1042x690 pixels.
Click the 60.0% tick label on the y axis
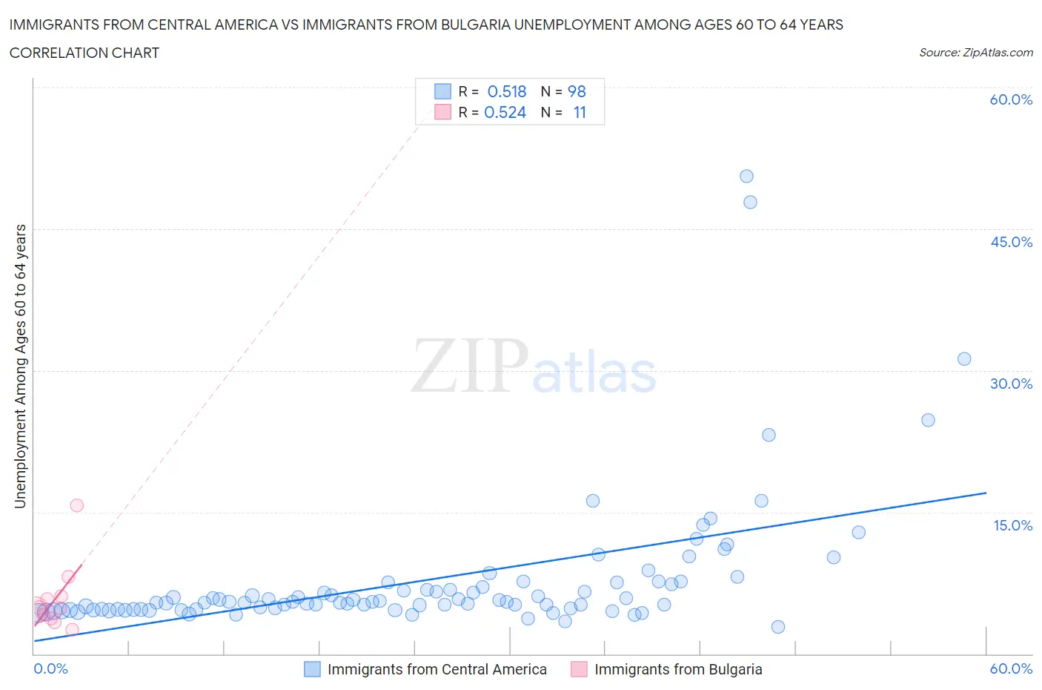(1010, 99)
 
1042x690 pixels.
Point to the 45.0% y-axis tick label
(1011, 242)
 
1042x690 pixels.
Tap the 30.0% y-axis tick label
(1011, 384)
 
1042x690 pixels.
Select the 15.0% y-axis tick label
(1012, 525)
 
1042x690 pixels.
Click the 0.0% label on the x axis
(50, 668)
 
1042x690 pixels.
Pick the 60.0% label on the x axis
(1011, 668)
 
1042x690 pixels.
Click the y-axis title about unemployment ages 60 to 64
(20, 366)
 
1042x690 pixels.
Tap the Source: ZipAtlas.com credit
(975, 53)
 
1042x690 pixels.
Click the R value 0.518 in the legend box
(506, 91)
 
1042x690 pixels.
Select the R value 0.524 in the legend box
(505, 113)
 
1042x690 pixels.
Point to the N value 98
(577, 91)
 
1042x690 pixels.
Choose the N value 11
(579, 113)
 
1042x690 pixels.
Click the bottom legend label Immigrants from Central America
(437, 669)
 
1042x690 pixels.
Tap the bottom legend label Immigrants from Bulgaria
(678, 669)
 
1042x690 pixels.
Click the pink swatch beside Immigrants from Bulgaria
(579, 669)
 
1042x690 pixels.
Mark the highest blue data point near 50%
(746, 177)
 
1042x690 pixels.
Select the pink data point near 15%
(76, 505)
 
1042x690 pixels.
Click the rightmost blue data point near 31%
(964, 359)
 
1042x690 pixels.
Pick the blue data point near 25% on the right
(928, 420)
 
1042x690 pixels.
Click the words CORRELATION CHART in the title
(84, 53)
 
